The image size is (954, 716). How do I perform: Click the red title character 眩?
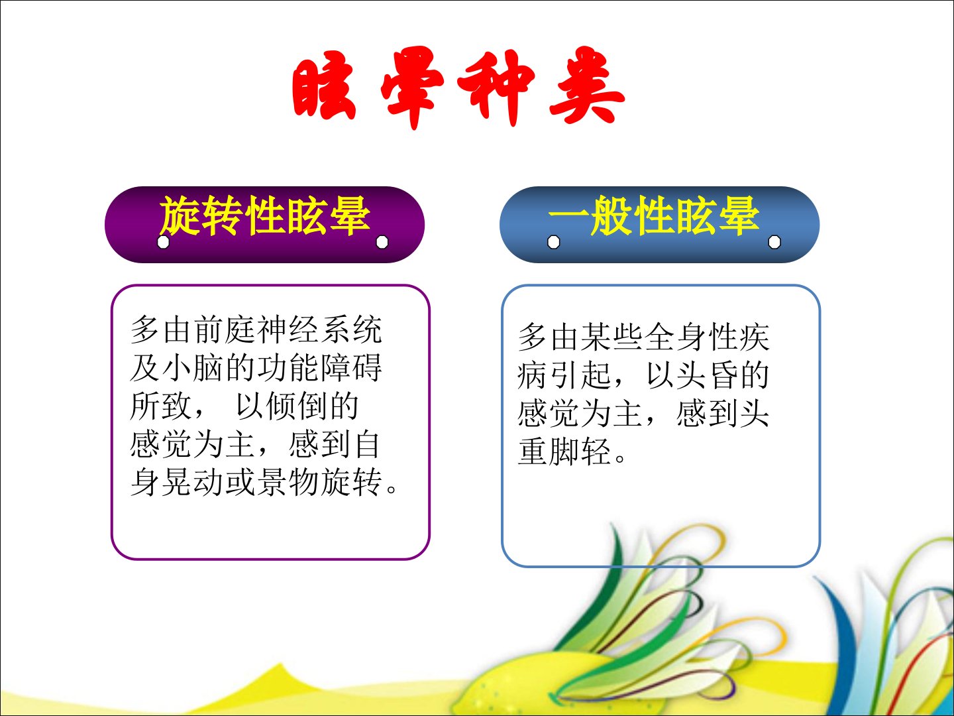[x=324, y=87]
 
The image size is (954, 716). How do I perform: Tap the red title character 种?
[x=496, y=86]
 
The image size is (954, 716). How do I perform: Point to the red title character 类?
[x=587, y=86]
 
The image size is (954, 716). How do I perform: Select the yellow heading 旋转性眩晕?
[x=265, y=215]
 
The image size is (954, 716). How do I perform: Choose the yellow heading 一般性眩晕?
[x=653, y=215]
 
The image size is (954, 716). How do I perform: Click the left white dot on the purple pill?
[x=163, y=242]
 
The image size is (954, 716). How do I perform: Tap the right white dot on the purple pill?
[x=382, y=242]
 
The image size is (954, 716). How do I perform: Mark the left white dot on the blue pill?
[x=553, y=242]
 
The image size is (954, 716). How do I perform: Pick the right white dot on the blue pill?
[x=774, y=242]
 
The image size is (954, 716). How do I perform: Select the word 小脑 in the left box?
[x=193, y=368]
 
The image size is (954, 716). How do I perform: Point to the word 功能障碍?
[x=319, y=368]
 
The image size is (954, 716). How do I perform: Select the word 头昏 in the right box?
[x=707, y=375]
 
